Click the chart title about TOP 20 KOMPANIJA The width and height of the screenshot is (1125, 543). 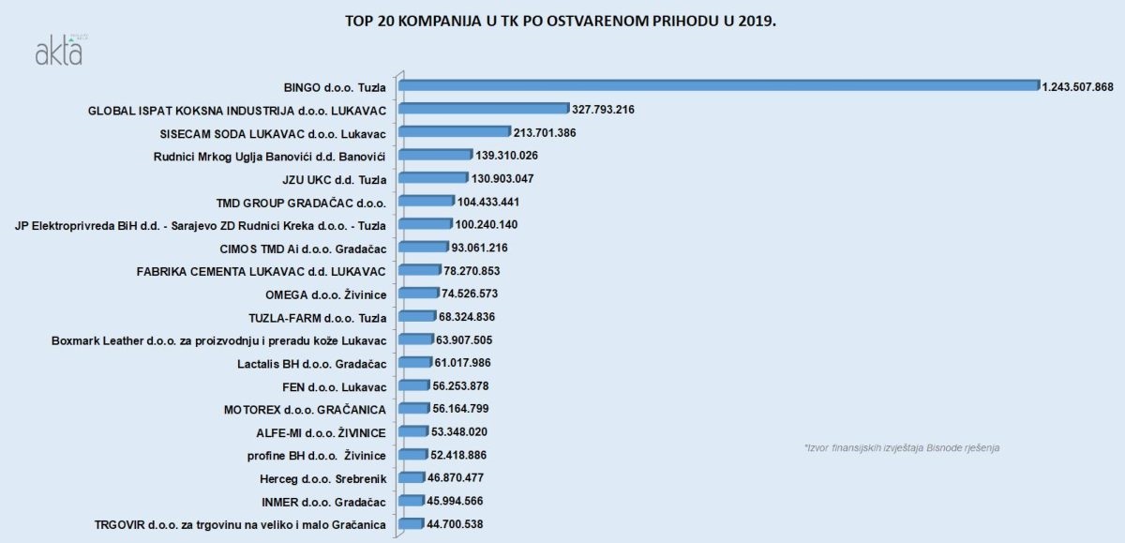561,20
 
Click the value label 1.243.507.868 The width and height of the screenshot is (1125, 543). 1077,86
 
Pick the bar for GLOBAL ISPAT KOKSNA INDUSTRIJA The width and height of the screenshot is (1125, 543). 484,109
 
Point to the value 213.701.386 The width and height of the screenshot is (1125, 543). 545,132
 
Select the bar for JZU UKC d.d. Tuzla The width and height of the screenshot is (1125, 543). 433,178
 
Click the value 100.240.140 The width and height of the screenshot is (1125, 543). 487,224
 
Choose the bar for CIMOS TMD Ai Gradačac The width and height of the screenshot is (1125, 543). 423,248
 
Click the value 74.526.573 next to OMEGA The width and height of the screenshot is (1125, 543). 474,294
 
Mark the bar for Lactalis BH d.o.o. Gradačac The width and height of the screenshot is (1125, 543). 415,363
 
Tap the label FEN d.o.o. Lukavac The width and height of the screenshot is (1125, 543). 335,386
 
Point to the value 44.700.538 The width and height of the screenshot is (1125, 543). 455,524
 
